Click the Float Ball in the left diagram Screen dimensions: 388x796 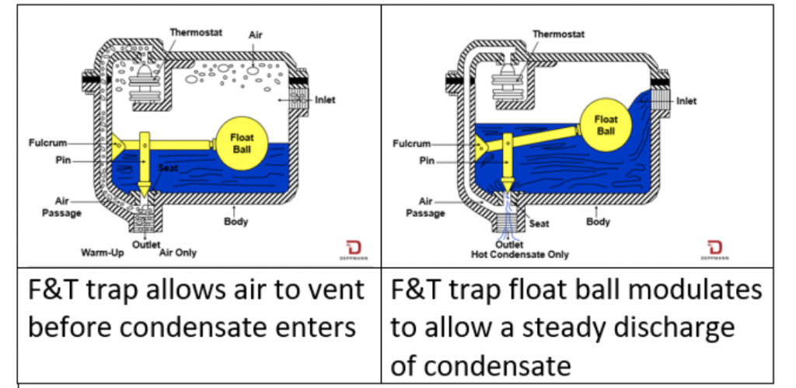coord(242,142)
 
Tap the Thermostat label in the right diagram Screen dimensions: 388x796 coord(557,33)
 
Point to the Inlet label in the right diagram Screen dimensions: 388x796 coord(686,101)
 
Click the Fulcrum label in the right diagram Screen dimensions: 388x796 coord(412,144)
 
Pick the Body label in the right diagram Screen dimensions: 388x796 coord(599,222)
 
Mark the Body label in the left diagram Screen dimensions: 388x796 coord(236,222)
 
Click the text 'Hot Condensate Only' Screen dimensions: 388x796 coord(520,254)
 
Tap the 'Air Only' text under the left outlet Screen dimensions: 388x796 coord(178,253)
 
